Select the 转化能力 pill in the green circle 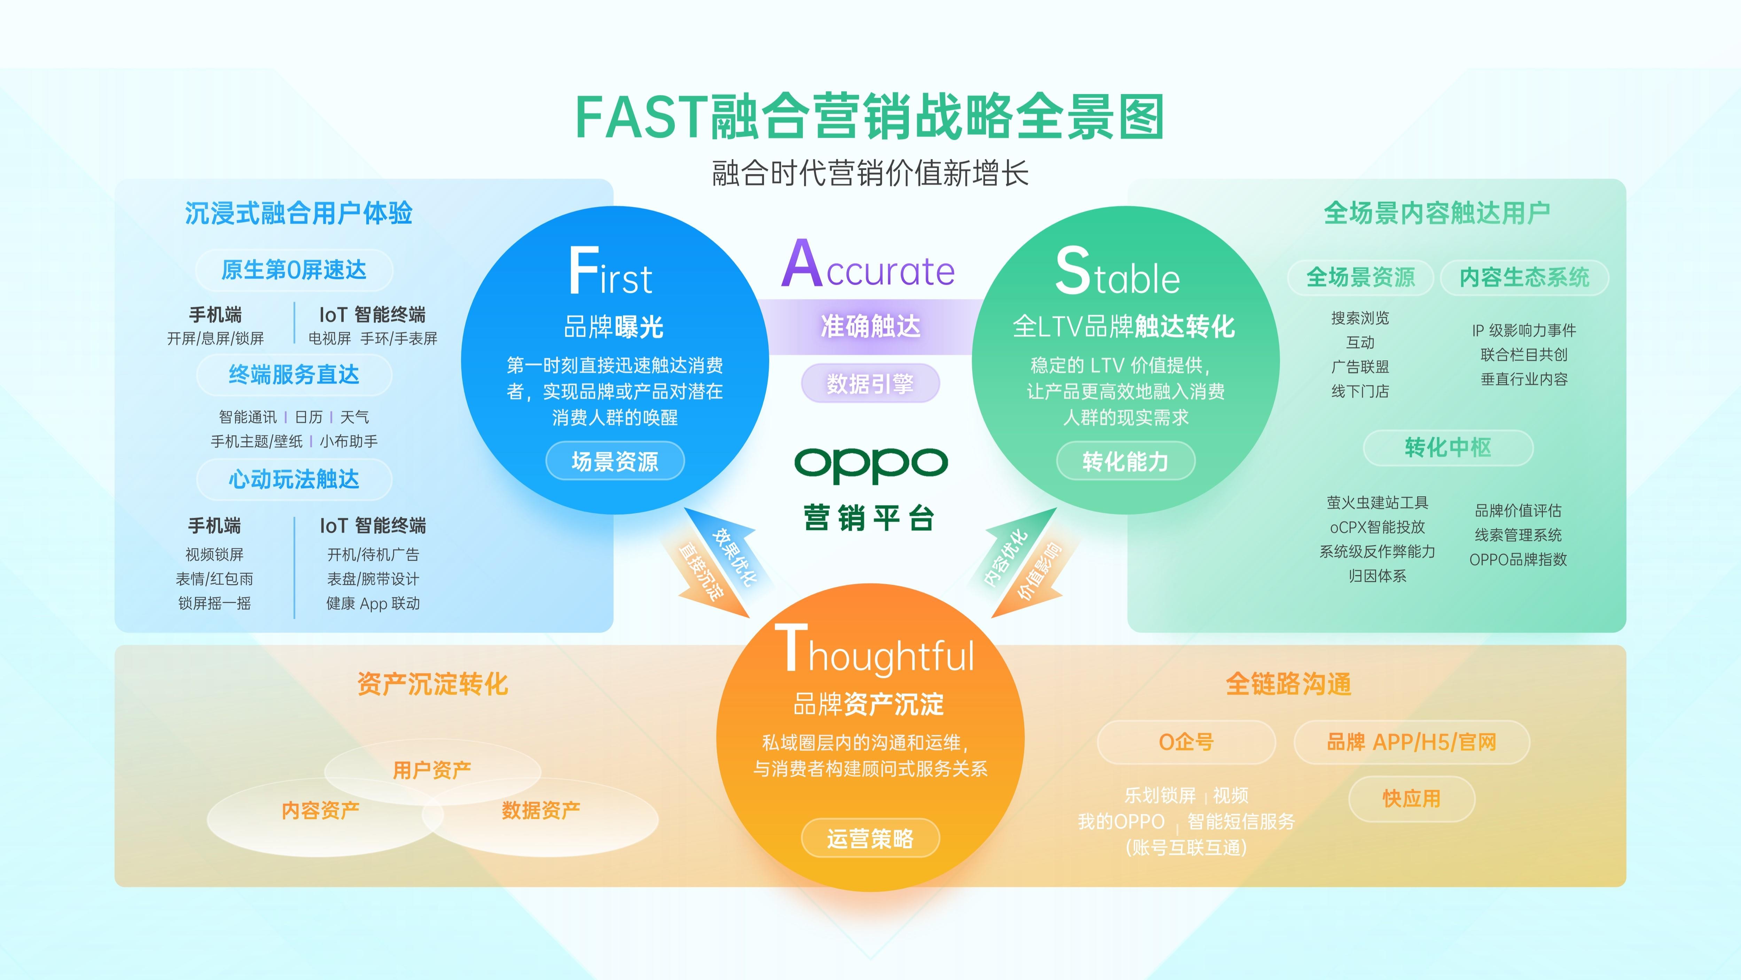click(1125, 461)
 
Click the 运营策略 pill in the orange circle click(870, 839)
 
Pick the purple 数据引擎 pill click(870, 383)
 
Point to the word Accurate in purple click(868, 266)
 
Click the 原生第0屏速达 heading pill click(294, 270)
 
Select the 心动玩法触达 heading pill click(294, 480)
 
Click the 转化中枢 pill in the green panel click(1448, 447)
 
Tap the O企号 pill click(1186, 742)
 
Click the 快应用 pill click(1411, 799)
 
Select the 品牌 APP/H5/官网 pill click(1411, 742)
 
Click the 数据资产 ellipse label click(541, 810)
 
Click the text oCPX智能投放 click(1377, 527)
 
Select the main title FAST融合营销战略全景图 click(870, 117)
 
